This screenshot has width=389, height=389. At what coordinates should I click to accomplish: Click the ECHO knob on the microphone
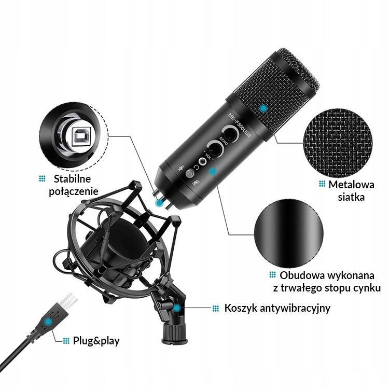(230, 135)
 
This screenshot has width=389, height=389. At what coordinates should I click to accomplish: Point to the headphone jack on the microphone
(203, 162)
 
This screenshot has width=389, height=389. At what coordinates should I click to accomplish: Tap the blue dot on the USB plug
(48, 322)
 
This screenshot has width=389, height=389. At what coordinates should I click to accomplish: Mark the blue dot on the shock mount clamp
(178, 309)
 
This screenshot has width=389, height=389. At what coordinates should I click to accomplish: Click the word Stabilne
(72, 179)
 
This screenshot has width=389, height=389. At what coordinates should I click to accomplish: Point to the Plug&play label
(96, 341)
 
